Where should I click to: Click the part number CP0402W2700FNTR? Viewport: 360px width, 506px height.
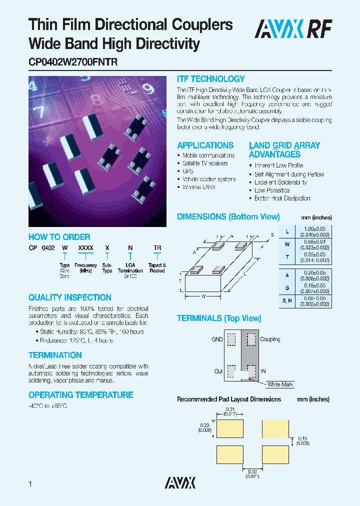[73, 63]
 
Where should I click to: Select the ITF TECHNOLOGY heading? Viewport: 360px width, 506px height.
[211, 79]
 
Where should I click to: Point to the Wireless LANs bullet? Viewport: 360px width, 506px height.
[199, 187]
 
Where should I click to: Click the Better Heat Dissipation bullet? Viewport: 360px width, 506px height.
[282, 198]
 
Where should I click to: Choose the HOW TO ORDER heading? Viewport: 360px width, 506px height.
[59, 237]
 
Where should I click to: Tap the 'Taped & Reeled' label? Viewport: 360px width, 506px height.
[157, 268]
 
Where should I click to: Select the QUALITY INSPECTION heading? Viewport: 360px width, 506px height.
[69, 297]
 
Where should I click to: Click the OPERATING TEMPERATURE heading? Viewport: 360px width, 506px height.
[80, 395]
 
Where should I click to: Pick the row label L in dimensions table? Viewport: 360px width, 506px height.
[287, 231]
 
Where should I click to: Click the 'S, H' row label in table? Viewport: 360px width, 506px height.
[287, 301]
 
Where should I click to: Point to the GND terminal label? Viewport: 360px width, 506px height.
[217, 339]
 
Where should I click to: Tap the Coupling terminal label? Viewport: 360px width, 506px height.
[270, 339]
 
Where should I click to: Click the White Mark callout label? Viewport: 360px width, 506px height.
[280, 384]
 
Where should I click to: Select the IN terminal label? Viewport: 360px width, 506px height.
[263, 371]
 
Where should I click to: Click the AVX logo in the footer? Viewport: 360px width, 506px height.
[180, 482]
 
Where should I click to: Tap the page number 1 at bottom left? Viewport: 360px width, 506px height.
[31, 484]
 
